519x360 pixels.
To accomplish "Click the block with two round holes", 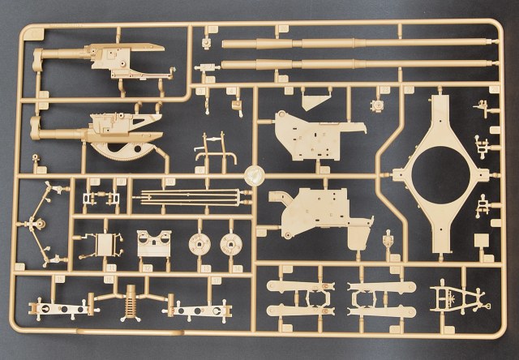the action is coord(154,243).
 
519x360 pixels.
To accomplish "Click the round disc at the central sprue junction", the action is coord(255,175).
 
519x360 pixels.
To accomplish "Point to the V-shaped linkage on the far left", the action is coord(36,223).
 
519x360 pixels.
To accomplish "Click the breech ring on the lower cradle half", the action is coord(37,126).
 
